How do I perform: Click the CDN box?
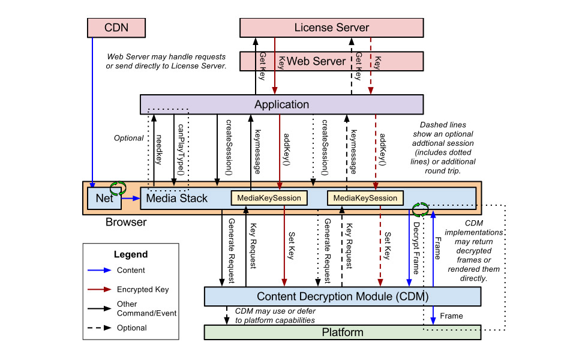coord(116,27)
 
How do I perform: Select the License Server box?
coord(331,27)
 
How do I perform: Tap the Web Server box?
coord(316,61)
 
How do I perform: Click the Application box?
coord(281,104)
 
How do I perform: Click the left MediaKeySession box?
coord(269,197)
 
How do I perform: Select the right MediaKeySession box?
coord(365,197)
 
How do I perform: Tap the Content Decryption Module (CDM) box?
coord(343,296)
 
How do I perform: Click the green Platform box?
coord(343,332)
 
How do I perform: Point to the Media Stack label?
coord(177,198)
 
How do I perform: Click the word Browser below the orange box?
coord(126,222)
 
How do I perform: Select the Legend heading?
coord(131,254)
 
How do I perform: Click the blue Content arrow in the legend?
coord(99,271)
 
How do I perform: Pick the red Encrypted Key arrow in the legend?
coord(99,290)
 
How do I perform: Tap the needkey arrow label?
coord(159,150)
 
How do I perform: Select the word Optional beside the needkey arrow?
coord(129,138)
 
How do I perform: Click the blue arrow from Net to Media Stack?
coord(130,198)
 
